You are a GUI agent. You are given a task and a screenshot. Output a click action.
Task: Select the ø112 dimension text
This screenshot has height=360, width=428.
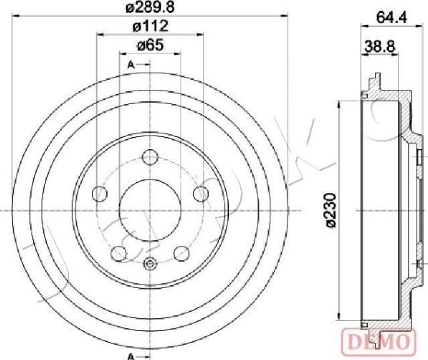tap(151, 27)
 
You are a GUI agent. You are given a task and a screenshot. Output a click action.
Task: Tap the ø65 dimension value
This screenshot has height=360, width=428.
tap(151, 46)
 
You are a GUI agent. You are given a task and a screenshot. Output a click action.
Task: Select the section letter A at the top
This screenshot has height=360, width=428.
tap(131, 66)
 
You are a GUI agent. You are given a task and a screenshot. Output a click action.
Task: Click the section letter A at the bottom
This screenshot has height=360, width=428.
tap(131, 356)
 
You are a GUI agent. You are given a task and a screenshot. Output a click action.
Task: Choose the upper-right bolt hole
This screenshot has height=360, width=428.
tap(202, 194)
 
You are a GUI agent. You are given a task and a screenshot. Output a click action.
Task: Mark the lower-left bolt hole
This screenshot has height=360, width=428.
tap(119, 253)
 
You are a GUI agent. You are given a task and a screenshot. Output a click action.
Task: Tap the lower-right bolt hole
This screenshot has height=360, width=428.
tap(182, 253)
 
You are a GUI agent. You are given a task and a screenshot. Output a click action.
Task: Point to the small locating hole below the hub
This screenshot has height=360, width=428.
tap(151, 266)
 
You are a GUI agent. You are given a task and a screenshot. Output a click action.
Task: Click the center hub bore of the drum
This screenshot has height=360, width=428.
tap(151, 210)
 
